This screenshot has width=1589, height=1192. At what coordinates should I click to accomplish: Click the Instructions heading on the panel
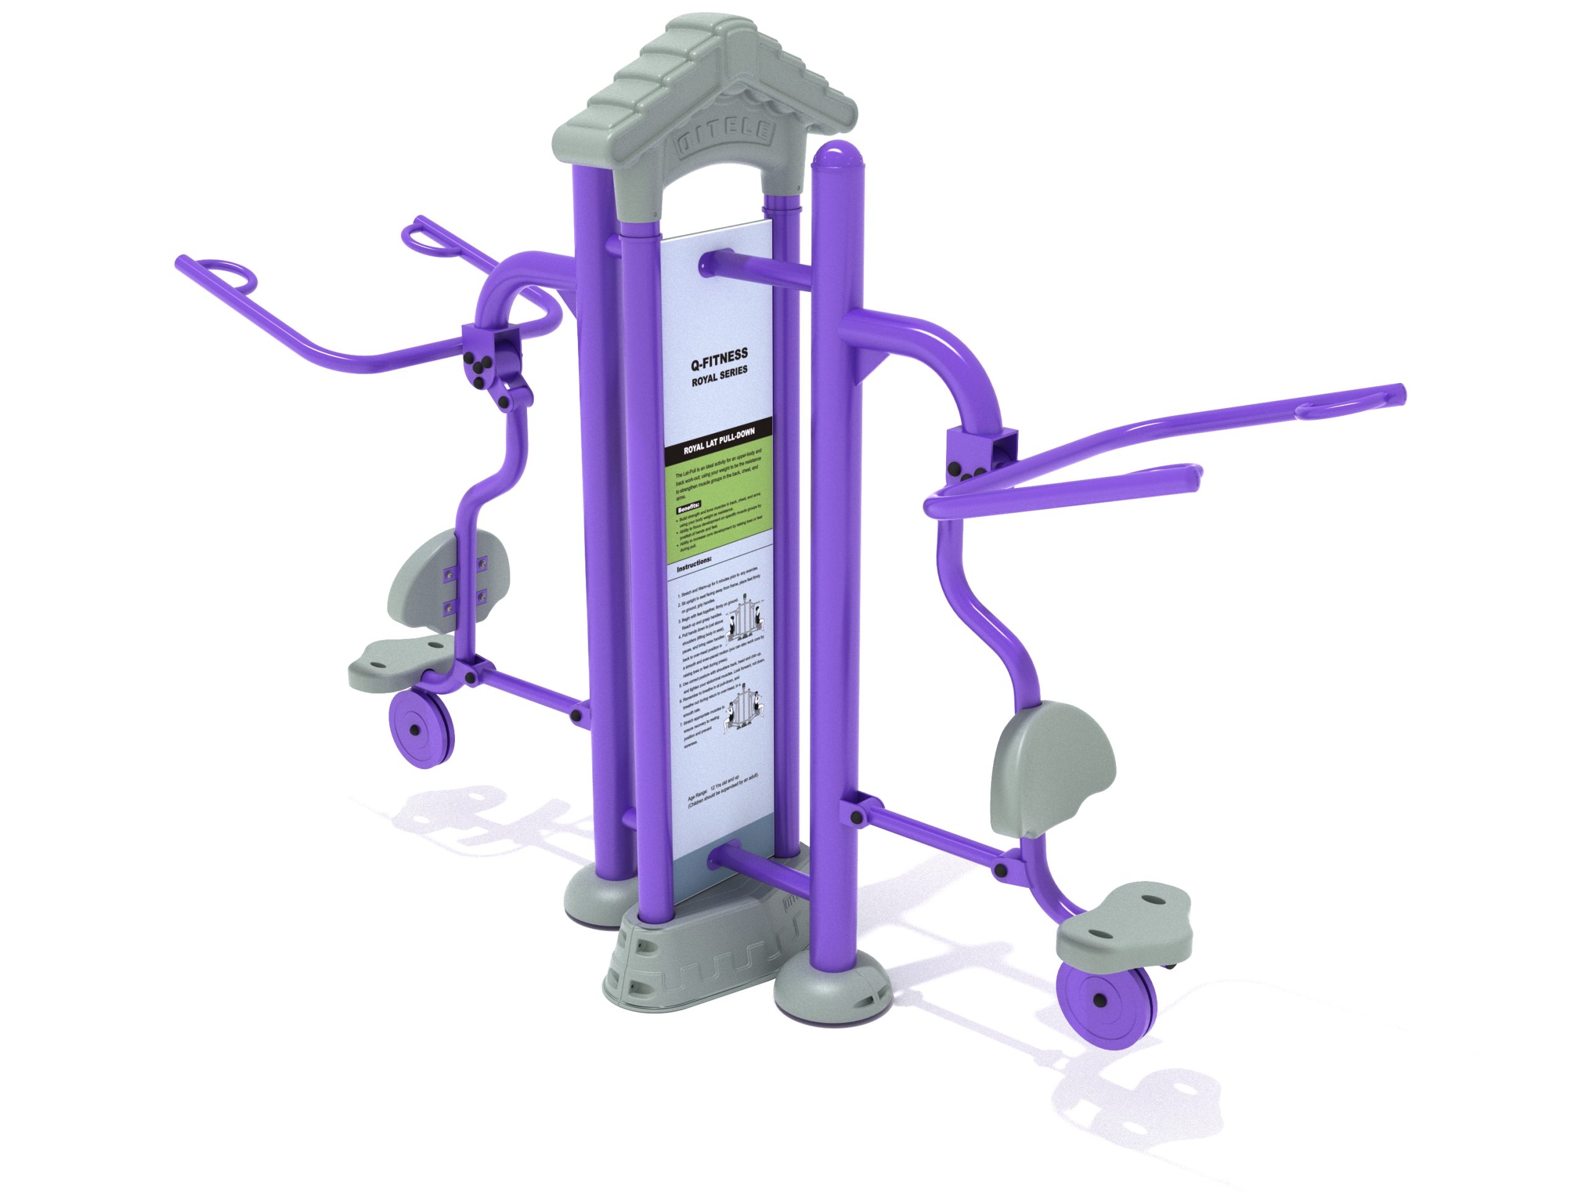pos(694,560)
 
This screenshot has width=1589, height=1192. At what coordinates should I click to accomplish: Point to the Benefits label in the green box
pos(689,508)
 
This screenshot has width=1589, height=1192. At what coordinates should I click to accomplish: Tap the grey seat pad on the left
pos(398,658)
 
